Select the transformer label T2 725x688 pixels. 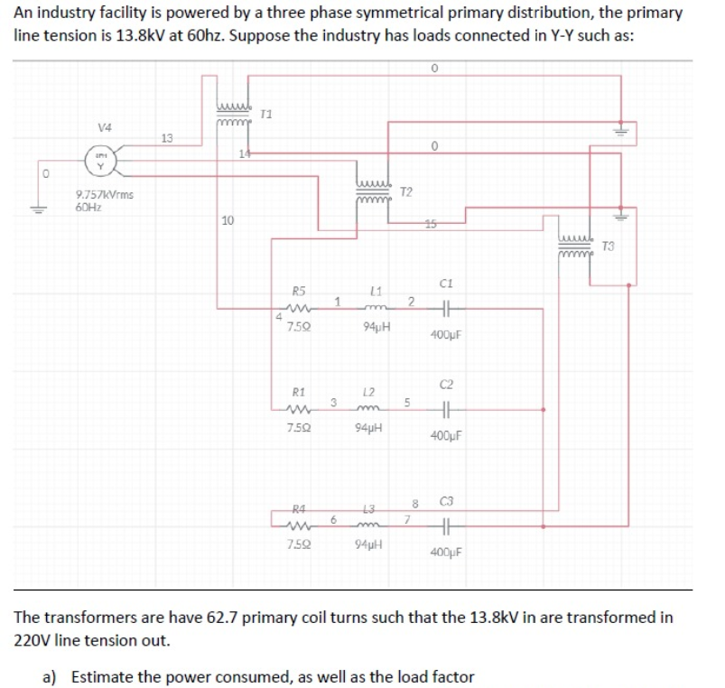(x=406, y=193)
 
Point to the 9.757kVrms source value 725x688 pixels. (x=102, y=194)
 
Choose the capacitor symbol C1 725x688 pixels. (x=443, y=308)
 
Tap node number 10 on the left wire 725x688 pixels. (x=228, y=220)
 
